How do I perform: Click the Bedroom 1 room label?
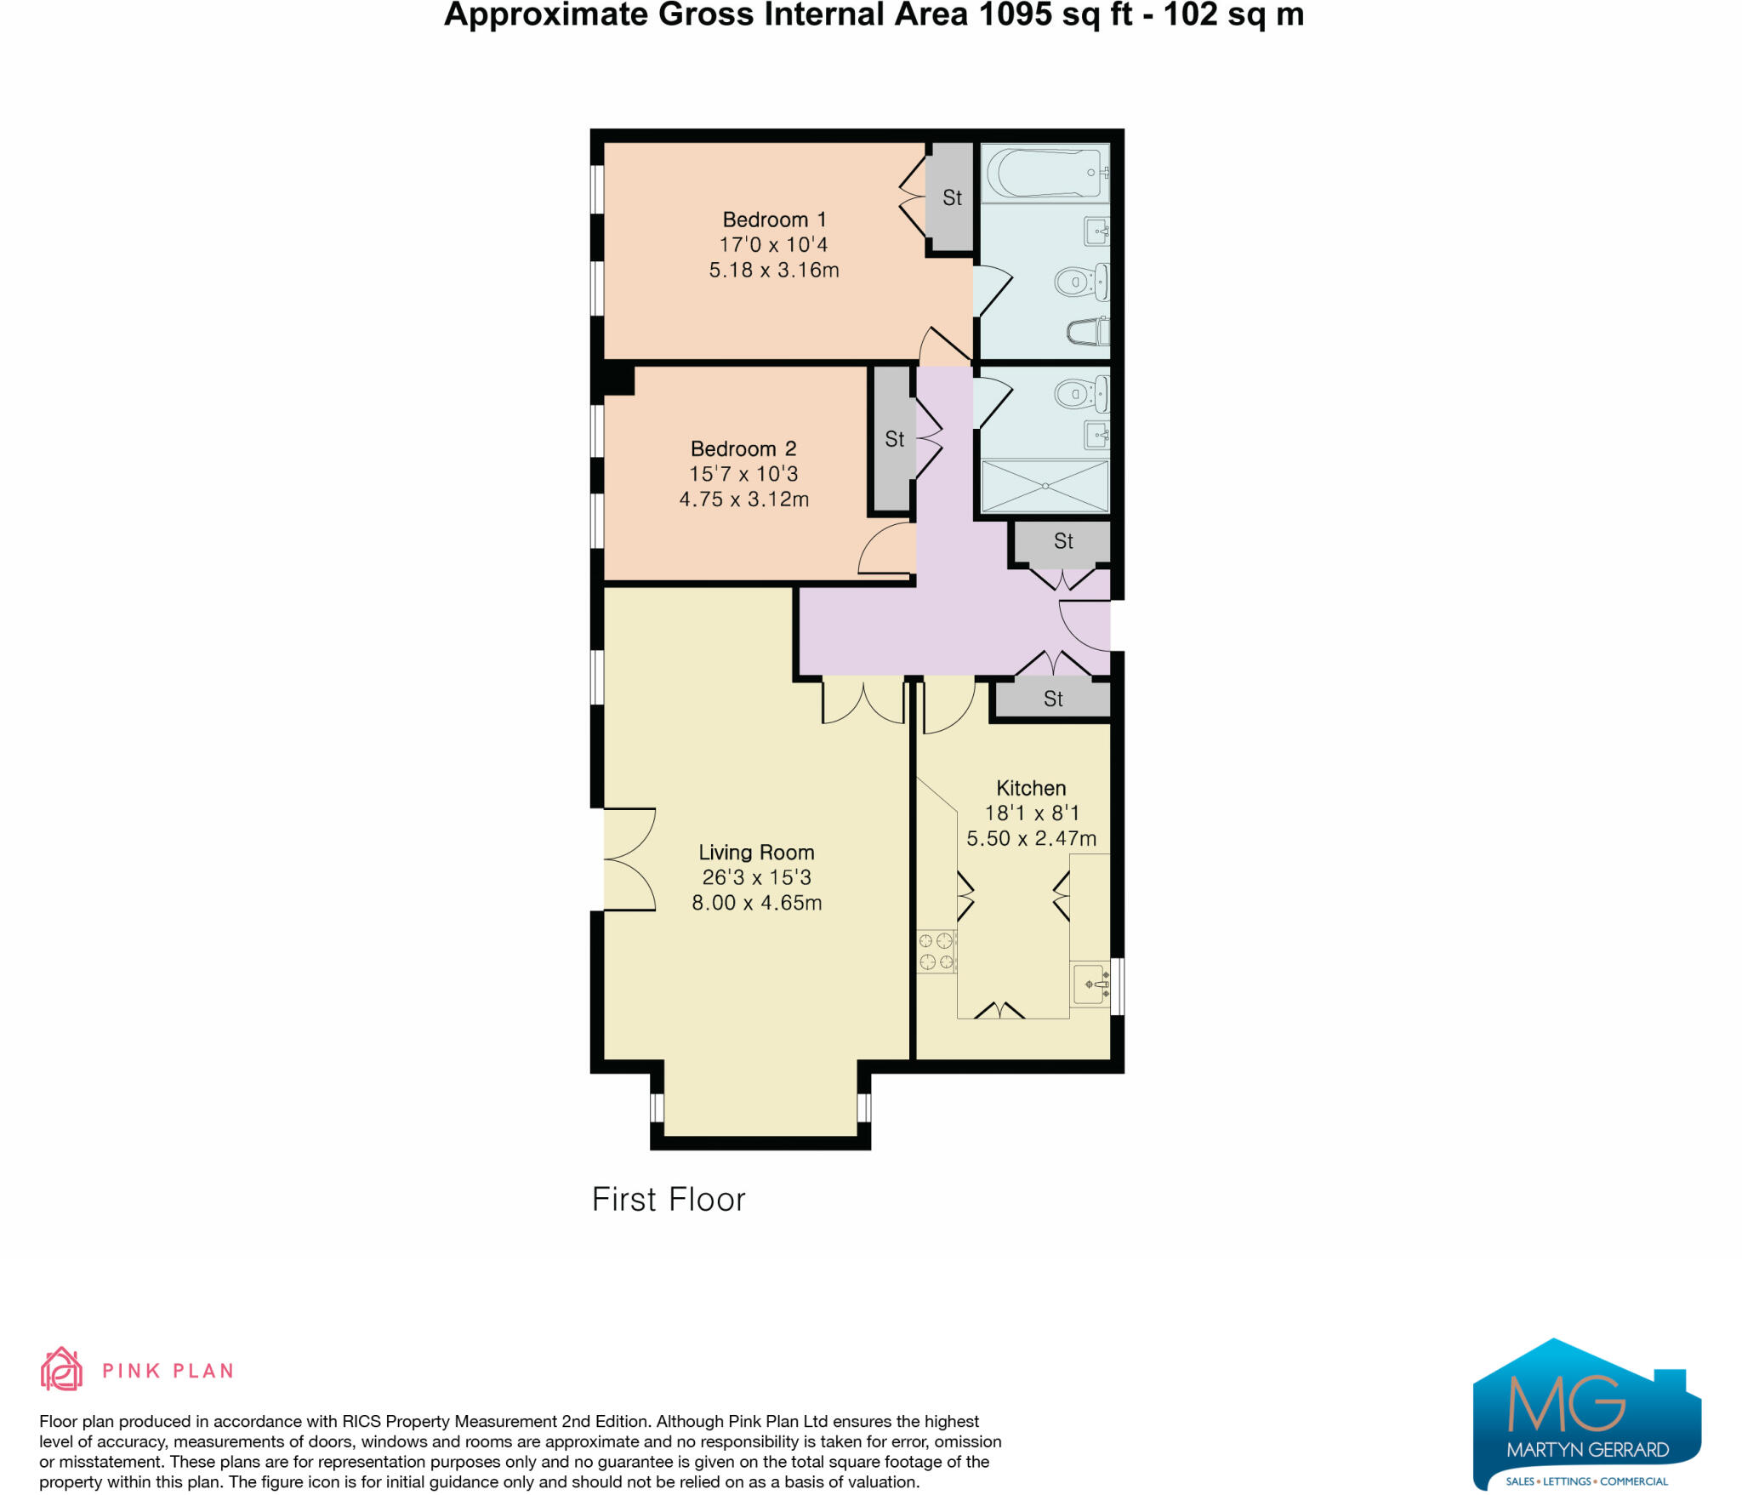point(774,220)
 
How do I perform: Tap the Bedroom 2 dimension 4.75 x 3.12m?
point(743,499)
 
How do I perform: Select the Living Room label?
point(756,853)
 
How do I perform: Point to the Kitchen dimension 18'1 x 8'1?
point(1031,813)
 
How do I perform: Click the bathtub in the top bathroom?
point(1045,174)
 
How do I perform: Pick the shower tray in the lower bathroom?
point(1045,486)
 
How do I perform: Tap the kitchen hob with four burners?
point(936,951)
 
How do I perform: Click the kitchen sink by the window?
point(1092,984)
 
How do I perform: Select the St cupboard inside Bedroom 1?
point(951,198)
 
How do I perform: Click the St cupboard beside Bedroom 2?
point(894,440)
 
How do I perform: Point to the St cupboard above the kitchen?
point(1053,699)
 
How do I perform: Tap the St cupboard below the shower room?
point(1063,541)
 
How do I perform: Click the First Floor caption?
point(669,1200)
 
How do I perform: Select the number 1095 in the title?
point(1015,15)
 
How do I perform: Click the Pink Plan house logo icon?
point(61,1369)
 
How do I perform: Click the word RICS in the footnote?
point(362,1422)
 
